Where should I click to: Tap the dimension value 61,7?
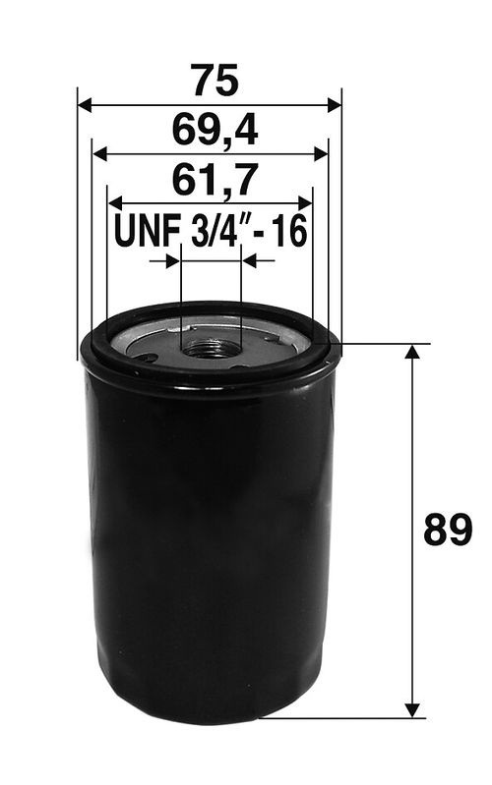pos(210,180)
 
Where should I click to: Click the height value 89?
pos(448,531)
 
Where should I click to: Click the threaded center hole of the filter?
pos(210,346)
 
